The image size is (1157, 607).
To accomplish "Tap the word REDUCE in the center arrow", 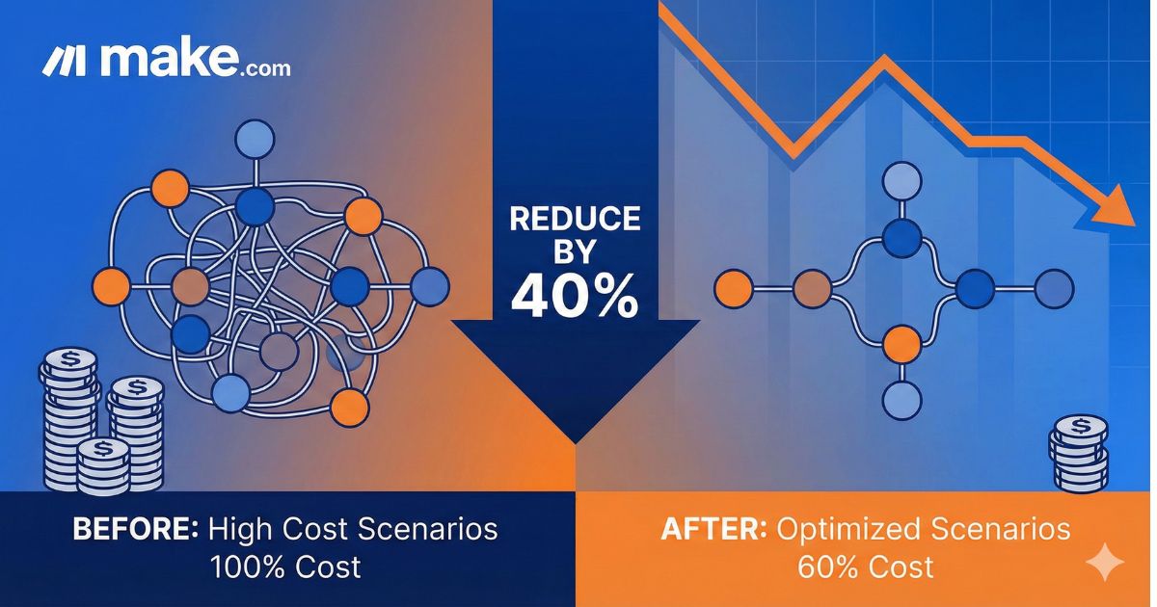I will (x=575, y=220).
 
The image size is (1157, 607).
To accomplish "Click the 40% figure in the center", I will (x=575, y=297).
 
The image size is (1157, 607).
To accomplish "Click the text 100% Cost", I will (x=285, y=566).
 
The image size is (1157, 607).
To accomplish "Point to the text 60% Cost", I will (x=865, y=566).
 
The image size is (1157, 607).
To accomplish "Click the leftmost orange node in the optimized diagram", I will (x=733, y=286).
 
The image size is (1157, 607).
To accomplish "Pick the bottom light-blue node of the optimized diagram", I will (x=902, y=396).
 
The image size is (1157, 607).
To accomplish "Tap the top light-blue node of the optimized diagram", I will (x=902, y=179).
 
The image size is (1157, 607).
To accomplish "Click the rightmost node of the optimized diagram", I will (x=1053, y=286).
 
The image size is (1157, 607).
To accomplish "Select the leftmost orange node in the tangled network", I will (x=112, y=286).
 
